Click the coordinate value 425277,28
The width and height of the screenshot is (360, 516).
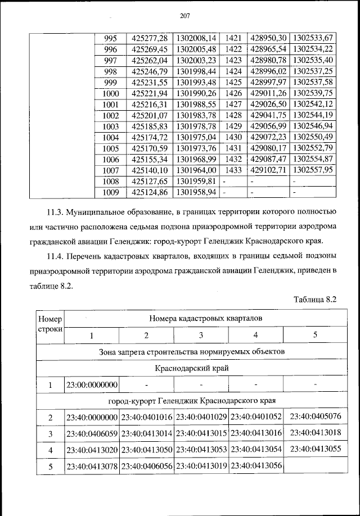(149, 39)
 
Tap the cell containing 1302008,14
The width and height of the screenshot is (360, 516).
(196, 39)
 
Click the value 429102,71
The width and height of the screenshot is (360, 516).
(268, 169)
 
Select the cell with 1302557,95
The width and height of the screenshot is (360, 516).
(313, 169)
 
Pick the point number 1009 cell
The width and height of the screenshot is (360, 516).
(111, 192)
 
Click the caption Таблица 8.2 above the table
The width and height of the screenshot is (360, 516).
(314, 299)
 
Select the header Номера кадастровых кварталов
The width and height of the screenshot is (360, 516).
(201, 318)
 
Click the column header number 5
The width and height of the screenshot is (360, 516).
(314, 336)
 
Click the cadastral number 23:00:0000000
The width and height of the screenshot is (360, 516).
(92, 385)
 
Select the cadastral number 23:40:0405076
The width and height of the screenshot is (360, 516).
(314, 417)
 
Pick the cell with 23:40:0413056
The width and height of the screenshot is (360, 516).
(256, 467)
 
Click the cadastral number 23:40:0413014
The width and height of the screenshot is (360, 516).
(146, 434)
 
